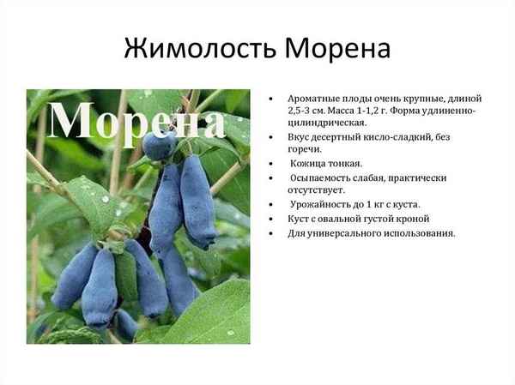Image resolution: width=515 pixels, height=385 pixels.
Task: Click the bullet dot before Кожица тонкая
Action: (x=273, y=164)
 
